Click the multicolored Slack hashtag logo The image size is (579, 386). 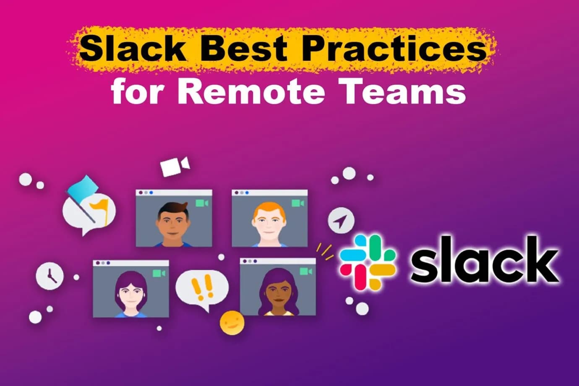[367, 262]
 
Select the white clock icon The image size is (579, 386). [50, 276]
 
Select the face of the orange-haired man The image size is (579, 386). [269, 224]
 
